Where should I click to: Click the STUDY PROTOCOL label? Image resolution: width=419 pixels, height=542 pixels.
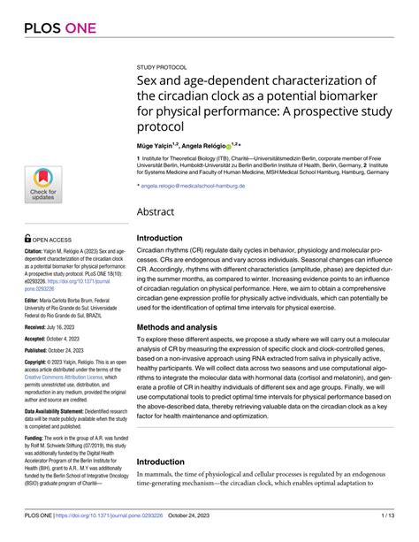pos(162,66)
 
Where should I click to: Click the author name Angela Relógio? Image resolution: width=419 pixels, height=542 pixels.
pos(204,144)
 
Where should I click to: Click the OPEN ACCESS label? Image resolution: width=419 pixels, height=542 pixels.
pos(57,239)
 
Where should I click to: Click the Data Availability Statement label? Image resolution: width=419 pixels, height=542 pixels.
pos(57,410)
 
